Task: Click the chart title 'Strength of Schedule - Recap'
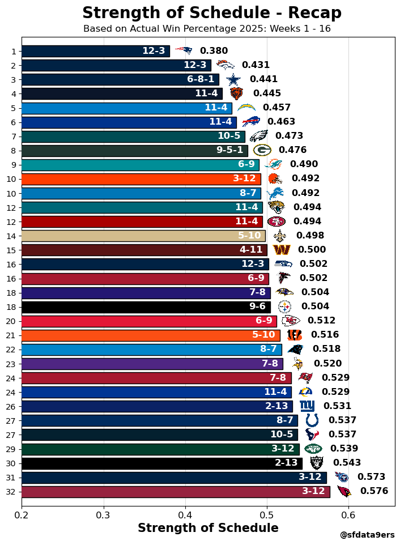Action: pos(211,13)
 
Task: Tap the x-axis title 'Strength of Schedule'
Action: pos(208,528)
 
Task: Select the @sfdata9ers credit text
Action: pos(367,535)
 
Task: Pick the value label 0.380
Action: pos(214,51)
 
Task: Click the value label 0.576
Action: pos(374,491)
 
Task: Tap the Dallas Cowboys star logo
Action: pos(233,79)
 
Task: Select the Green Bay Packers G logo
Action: pos(262,150)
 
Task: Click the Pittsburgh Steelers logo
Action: pos(284,306)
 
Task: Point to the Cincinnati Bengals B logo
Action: pos(294,335)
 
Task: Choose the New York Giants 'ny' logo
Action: pos(307,406)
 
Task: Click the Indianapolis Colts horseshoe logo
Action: pos(312,420)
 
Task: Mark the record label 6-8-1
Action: pos(201,79)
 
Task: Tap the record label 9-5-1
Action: pos(229,150)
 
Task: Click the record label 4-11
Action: pos(250,250)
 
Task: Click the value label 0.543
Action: pos(346,463)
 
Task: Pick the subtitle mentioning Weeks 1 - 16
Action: pos(207,28)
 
